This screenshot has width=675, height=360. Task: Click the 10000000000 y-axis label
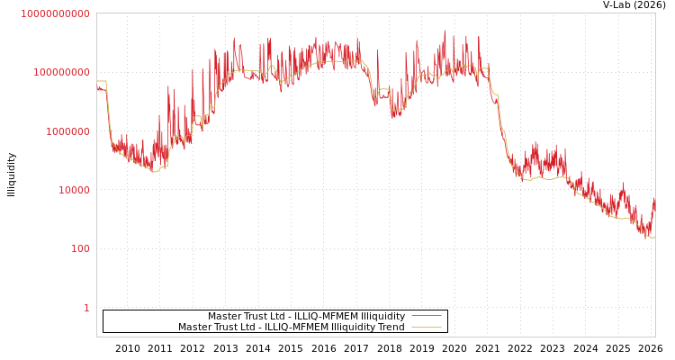coord(55,13)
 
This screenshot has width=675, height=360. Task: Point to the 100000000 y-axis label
coord(61,72)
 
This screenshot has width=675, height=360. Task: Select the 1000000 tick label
coord(67,131)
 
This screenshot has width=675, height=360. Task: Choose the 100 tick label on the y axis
coord(80,248)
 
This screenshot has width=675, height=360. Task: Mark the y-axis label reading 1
coord(86,308)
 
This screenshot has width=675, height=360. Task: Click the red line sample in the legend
coord(426,316)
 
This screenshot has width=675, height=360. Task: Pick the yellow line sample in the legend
coord(426,327)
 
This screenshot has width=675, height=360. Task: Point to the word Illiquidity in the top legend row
coord(382,316)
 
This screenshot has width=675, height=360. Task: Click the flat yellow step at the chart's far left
coord(101,82)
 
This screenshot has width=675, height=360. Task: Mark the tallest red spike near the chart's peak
coord(445,31)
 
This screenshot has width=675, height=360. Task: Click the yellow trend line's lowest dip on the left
coord(155,171)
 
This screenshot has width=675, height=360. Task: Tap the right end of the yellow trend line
coord(653,237)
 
